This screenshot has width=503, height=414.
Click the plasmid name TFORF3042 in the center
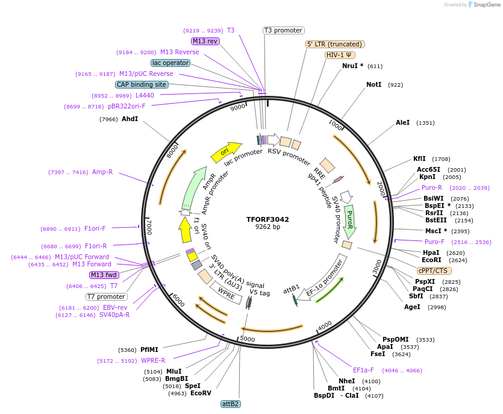(267, 219)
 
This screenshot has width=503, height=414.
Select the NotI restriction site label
(373, 84)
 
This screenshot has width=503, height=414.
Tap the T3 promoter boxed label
(284, 30)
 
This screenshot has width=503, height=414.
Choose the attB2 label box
(230, 404)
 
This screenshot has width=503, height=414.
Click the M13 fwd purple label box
(104, 275)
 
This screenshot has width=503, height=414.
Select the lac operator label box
(170, 63)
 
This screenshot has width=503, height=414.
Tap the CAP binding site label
(142, 85)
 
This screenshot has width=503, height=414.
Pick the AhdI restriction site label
(130, 119)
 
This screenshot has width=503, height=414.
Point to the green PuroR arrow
(349, 221)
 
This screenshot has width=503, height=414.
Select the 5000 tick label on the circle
(248, 339)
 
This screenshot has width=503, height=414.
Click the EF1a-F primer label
(363, 370)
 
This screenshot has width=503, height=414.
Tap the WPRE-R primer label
(153, 360)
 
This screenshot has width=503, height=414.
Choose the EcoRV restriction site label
(201, 394)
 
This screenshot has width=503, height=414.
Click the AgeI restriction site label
(412, 307)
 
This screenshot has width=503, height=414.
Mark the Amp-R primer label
(102, 172)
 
